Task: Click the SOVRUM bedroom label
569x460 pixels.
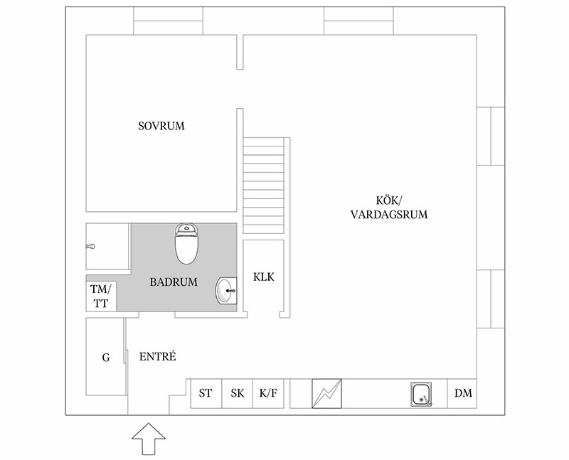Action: (x=161, y=126)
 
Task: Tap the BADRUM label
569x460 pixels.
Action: (x=174, y=282)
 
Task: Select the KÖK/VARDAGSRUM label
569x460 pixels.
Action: (x=389, y=207)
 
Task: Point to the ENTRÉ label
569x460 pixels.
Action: (x=157, y=356)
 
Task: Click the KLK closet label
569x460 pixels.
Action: (x=263, y=277)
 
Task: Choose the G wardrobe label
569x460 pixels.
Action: (x=106, y=358)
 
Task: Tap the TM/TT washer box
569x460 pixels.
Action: (x=101, y=296)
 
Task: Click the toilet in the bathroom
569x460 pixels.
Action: (x=187, y=243)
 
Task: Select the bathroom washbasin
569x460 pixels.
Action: (x=226, y=291)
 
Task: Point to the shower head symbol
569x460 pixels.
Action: (x=90, y=246)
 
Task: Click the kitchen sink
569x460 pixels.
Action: (x=421, y=395)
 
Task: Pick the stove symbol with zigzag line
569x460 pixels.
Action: (x=326, y=393)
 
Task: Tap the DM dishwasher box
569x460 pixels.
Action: (x=462, y=393)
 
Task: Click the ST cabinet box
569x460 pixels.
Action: (x=206, y=393)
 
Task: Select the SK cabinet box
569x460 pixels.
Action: (x=238, y=393)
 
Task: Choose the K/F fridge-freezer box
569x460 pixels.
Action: (x=269, y=393)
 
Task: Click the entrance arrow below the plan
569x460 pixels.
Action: (x=149, y=439)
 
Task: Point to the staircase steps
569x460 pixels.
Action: (x=263, y=186)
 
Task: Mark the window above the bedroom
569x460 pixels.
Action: (x=168, y=21)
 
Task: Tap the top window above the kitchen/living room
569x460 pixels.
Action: (x=358, y=21)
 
